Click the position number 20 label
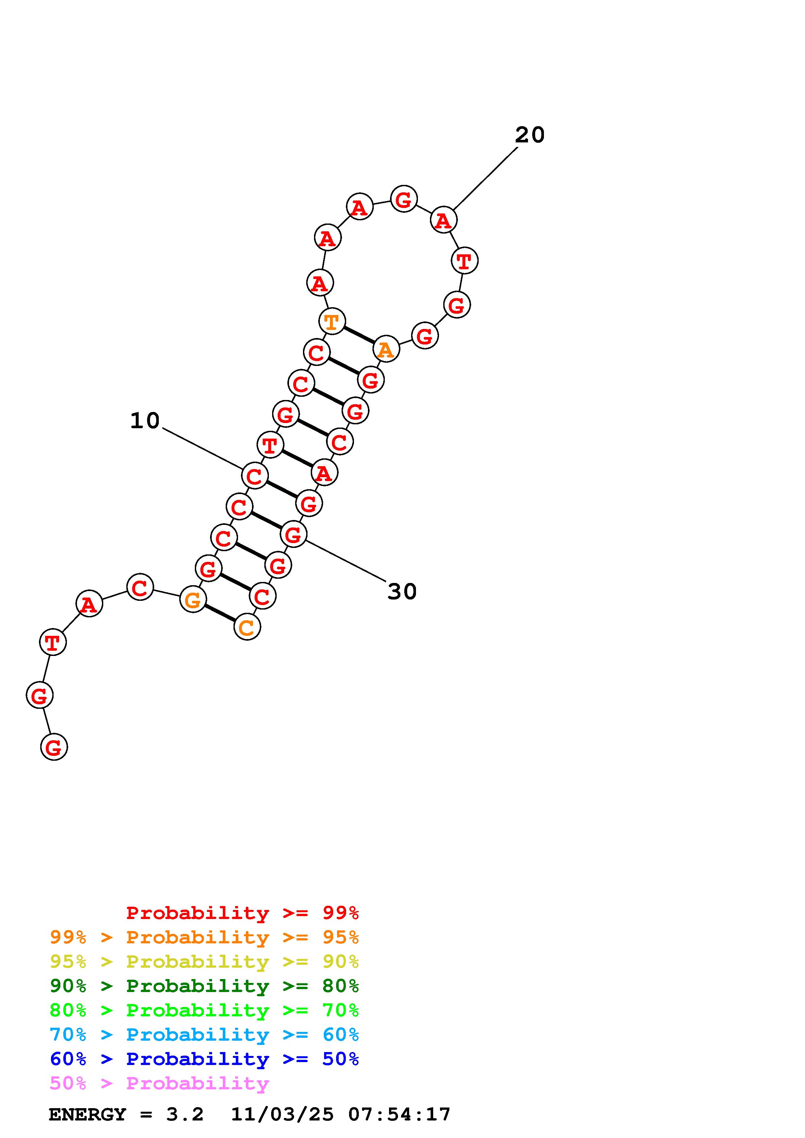530,135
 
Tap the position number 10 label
145,421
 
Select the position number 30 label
402,591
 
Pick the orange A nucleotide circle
386,349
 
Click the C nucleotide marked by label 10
255,476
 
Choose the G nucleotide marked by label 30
293,534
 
